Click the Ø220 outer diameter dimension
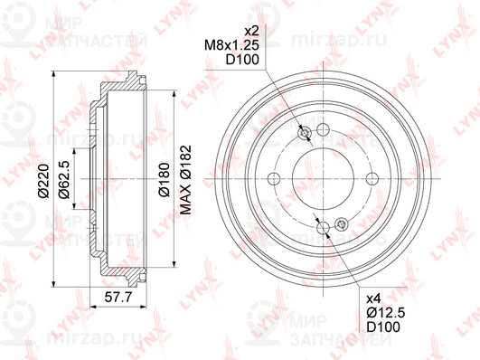tap(43, 181)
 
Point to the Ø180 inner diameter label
tap(165, 179)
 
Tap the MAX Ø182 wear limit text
tap(185, 179)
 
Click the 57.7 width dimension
tap(118, 297)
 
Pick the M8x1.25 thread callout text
tap(231, 45)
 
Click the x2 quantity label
tap(251, 31)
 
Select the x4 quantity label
tap(373, 298)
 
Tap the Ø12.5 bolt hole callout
tap(386, 312)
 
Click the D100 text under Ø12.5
tap(383, 327)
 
